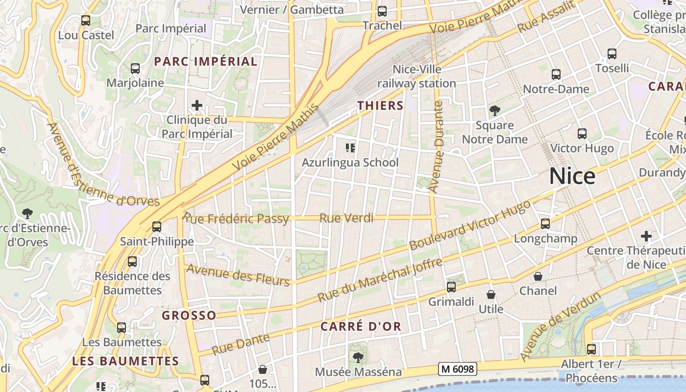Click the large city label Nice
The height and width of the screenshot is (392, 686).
572,176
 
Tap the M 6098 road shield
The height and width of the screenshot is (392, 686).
457,369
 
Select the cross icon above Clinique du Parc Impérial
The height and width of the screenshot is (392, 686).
197,105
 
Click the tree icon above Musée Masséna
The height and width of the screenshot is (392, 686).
358,358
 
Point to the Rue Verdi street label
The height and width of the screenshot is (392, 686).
346,218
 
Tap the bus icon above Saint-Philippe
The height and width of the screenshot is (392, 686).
157,227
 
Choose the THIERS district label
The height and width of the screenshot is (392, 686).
380,105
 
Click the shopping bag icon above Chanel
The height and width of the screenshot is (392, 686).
538,276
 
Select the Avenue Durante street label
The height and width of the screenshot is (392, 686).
435,146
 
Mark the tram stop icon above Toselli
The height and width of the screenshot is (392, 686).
612,54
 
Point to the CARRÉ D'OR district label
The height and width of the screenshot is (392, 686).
361,326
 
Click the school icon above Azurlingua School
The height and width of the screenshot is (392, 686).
350,147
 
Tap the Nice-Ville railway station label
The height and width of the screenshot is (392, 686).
416,76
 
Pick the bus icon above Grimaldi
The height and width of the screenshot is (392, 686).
451,287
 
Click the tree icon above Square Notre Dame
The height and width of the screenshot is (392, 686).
495,111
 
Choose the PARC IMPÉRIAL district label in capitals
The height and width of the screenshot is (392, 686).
205,61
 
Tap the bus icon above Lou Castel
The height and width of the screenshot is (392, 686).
86,21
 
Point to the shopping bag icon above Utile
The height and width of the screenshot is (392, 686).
491,294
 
